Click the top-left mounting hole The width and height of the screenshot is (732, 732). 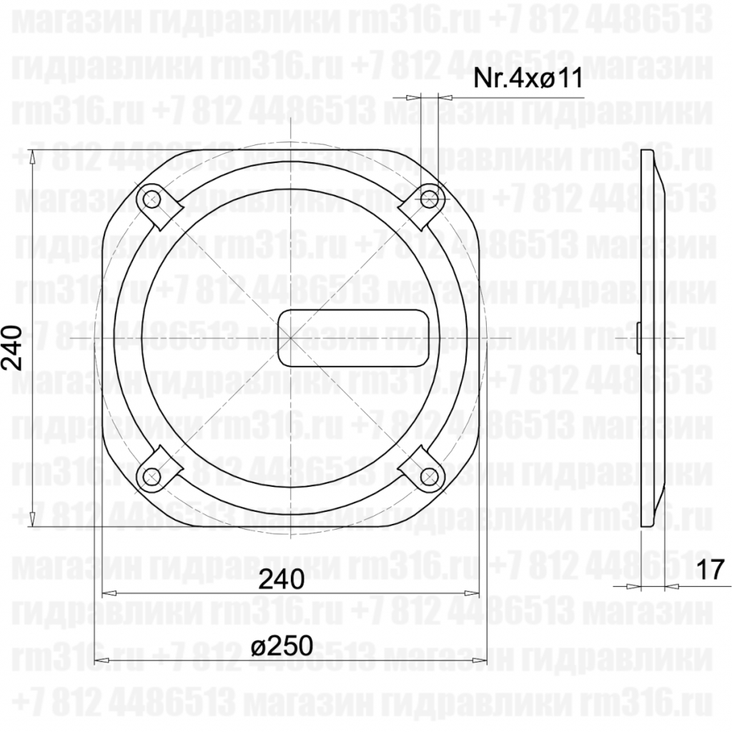[151, 198]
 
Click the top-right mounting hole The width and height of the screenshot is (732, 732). [429, 198]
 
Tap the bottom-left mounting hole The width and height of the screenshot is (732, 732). [151, 476]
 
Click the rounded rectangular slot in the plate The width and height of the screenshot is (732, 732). [351, 337]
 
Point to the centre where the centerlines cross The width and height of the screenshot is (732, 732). [290, 337]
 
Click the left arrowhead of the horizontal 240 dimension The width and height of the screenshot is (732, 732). [107, 593]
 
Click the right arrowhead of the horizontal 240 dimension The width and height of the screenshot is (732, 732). [472, 593]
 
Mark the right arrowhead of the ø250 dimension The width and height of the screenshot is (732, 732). [480, 661]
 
